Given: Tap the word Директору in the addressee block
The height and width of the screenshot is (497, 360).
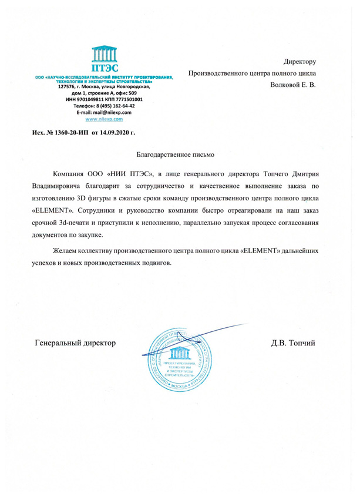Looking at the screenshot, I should [x=300, y=61].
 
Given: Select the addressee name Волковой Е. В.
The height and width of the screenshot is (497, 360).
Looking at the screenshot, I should [x=292, y=85].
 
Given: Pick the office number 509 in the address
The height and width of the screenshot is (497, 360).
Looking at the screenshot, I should [x=133, y=93].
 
